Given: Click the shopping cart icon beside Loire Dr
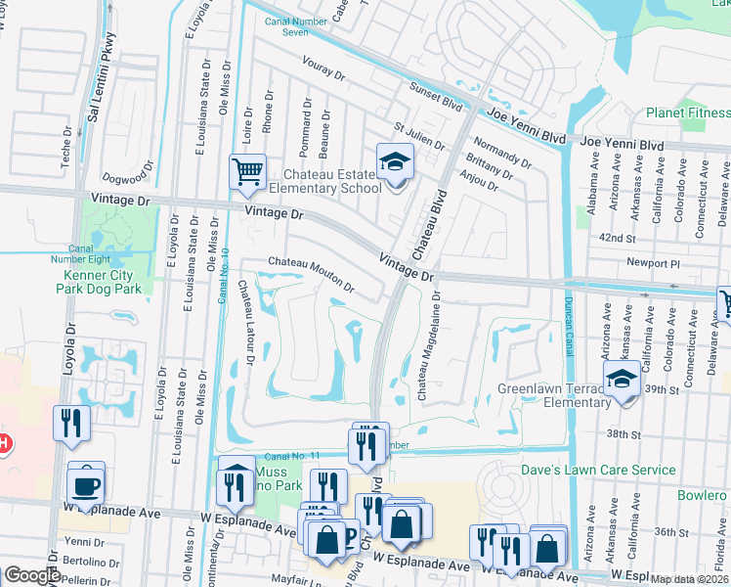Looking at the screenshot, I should pyautogui.click(x=247, y=172).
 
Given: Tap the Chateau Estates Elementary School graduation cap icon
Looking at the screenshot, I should pyautogui.click(x=395, y=161).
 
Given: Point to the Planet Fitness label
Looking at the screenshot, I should pyautogui.click(x=687, y=113).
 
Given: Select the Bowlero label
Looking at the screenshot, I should pyautogui.click(x=703, y=495).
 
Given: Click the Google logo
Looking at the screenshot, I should pyautogui.click(x=32, y=575).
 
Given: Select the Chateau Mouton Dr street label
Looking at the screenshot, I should pyautogui.click(x=311, y=274).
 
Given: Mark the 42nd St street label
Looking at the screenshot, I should pyautogui.click(x=619, y=238).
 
